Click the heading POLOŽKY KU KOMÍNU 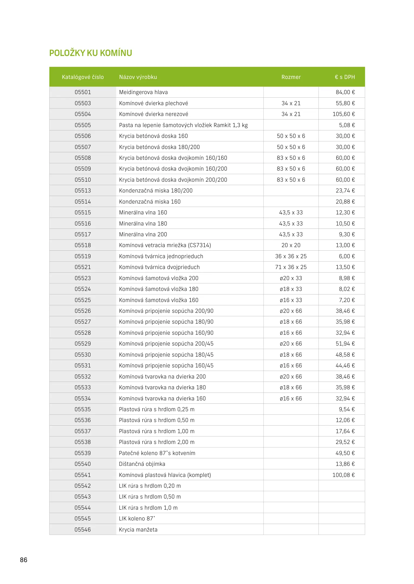(90, 53)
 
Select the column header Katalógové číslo (83, 77)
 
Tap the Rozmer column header (291, 77)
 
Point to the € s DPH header (345, 77)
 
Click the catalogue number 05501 (83, 92)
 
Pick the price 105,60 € (344, 114)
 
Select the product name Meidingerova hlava (143, 92)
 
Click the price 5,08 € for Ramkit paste (347, 125)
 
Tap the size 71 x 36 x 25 (291, 267)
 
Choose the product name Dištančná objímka (142, 464)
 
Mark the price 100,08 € (343, 475)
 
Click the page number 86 (24, 560)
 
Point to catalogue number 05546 (83, 530)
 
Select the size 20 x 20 (291, 245)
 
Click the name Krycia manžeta (138, 530)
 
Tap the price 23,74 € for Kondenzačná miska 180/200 (345, 191)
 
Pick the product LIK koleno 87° (137, 519)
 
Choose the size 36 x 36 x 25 (291, 256)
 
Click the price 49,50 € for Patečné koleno (345, 453)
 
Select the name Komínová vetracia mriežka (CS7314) (165, 245)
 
